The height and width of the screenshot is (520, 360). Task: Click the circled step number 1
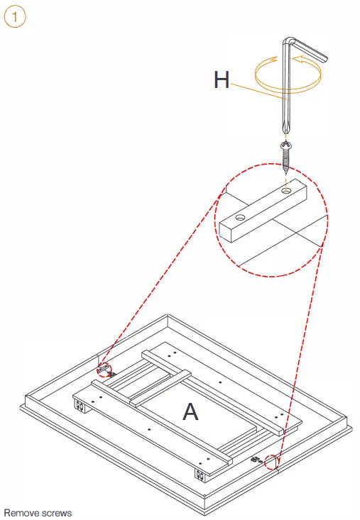click(x=15, y=16)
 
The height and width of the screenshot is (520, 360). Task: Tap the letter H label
click(x=222, y=79)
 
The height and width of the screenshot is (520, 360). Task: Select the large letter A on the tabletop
click(x=190, y=411)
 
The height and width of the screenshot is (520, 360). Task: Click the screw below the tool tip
click(x=285, y=157)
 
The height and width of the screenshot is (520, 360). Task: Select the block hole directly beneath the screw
click(x=285, y=191)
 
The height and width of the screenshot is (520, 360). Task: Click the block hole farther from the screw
click(x=240, y=218)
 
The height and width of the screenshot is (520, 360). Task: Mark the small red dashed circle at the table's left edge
click(x=104, y=369)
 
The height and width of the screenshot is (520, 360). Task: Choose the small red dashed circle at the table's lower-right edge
click(x=272, y=462)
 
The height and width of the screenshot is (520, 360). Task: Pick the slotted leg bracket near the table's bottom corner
click(x=200, y=476)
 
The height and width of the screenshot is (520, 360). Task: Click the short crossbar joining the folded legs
click(x=160, y=389)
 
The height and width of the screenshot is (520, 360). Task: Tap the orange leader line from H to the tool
click(x=258, y=92)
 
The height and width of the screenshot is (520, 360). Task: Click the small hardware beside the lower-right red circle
click(x=256, y=460)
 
